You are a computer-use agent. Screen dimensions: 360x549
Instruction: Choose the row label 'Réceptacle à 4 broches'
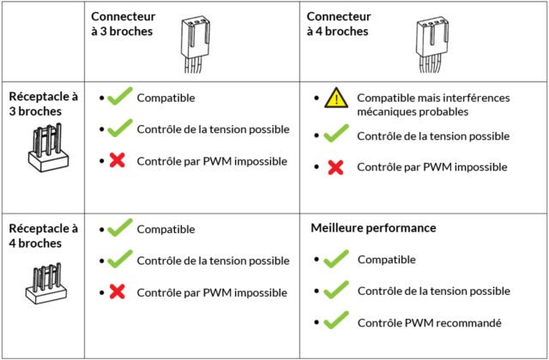[43, 236]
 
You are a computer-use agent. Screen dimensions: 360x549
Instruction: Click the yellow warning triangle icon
[335, 99]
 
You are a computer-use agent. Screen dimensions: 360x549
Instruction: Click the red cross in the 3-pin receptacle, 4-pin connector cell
[335, 167]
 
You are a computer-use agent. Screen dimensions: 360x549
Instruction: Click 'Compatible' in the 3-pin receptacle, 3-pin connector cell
[166, 98]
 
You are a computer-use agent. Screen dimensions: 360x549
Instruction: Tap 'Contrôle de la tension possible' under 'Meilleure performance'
[434, 291]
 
